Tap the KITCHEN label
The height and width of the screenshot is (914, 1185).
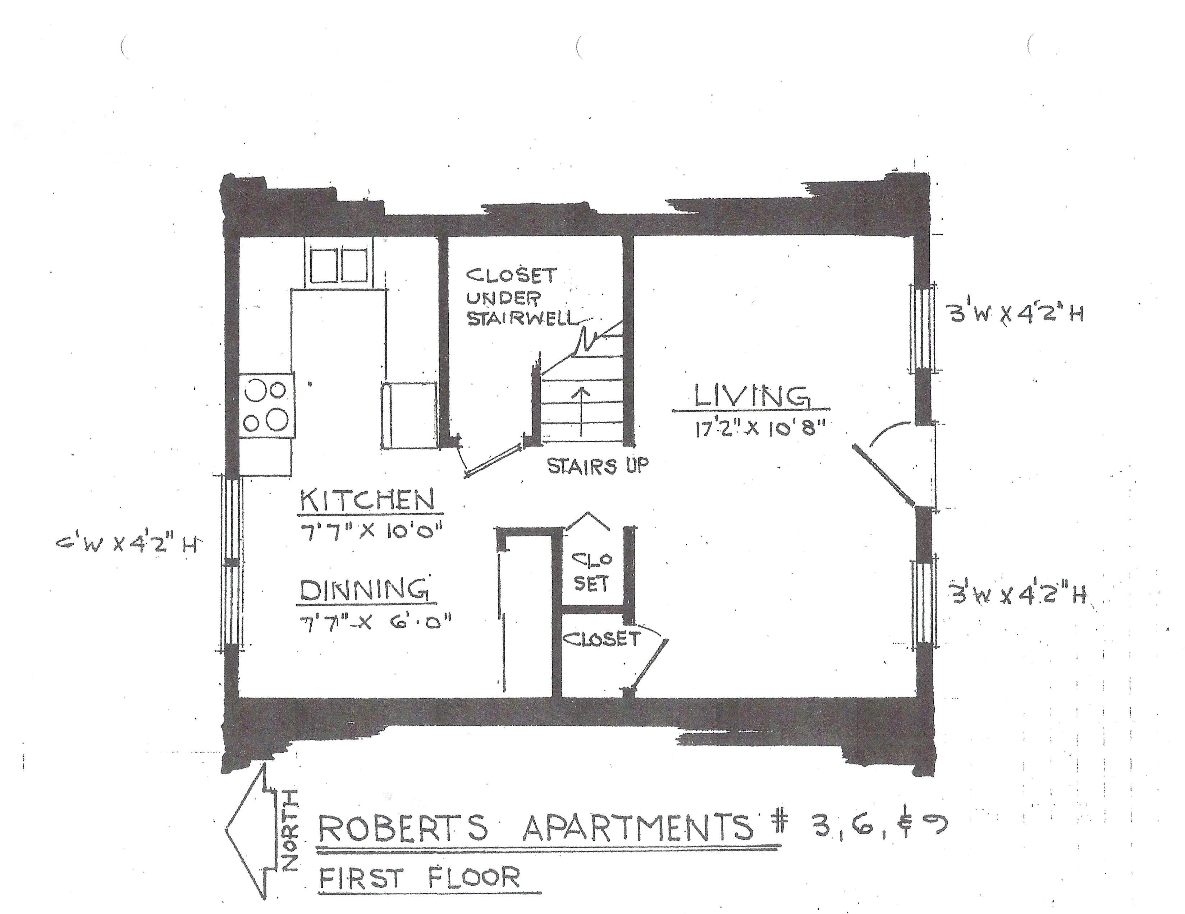tap(368, 499)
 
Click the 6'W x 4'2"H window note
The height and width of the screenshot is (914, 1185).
tap(126, 544)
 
